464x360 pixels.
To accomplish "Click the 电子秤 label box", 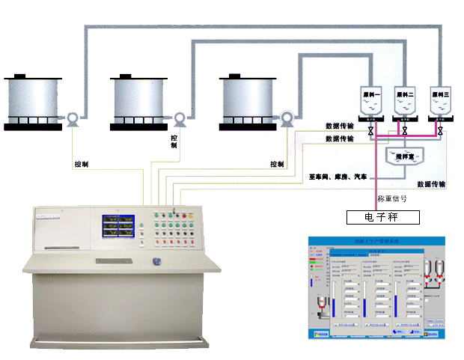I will pyautogui.click(x=382, y=217).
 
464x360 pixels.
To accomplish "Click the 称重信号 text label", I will pyautogui.click(x=392, y=199).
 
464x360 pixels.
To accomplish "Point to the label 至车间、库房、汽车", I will pyautogui.click(x=338, y=177).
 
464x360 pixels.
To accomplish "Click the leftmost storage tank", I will pyautogui.click(x=31, y=101).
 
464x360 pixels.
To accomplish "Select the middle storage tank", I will pyautogui.click(x=138, y=101).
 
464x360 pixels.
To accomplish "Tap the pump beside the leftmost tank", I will pyautogui.click(x=73, y=118).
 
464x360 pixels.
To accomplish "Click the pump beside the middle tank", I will pyautogui.click(x=180, y=118).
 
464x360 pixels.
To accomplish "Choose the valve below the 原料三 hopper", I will pyautogui.click(x=440, y=132).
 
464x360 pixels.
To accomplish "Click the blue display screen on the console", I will pyautogui.click(x=120, y=228).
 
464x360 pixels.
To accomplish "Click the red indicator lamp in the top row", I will pyautogui.click(x=153, y=217).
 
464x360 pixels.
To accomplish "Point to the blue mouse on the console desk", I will pyautogui.click(x=157, y=261).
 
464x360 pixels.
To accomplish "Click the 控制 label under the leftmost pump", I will pyautogui.click(x=82, y=164).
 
